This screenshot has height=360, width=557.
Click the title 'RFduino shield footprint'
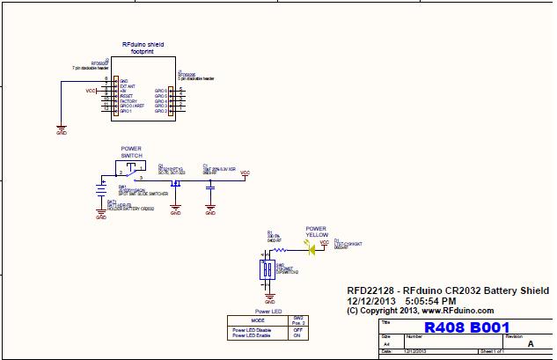point(142,48)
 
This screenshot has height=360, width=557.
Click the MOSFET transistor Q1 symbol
point(175,182)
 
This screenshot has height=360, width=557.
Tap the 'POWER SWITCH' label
point(131,151)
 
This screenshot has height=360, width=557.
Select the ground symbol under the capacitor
point(209,211)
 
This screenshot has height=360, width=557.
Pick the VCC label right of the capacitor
point(245,173)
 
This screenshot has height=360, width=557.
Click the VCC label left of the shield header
point(91,91)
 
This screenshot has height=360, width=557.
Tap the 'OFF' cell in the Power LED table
point(298,330)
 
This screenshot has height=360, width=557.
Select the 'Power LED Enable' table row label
point(251,336)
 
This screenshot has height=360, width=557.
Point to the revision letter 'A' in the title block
point(530,345)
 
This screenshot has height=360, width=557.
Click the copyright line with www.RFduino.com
point(421,311)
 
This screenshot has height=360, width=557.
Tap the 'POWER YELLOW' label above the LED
point(316,232)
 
